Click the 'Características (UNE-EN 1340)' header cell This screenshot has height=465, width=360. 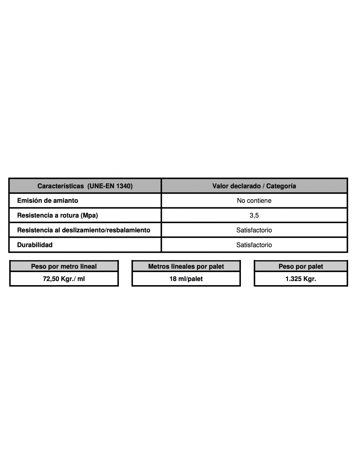coord(85,186)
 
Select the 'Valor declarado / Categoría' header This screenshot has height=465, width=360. coord(254,186)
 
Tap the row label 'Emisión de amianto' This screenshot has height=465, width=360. coord(47,200)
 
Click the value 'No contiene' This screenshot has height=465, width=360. coord(254,200)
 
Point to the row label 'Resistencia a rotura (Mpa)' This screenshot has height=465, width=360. coord(58,215)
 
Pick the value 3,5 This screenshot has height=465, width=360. coord(254,215)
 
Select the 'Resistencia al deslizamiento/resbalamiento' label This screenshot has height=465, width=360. coord(83,230)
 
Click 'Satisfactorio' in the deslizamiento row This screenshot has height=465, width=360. coord(254,230)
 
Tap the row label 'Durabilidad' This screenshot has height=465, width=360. coord(35,245)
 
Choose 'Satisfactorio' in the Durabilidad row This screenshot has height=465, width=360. coord(254,245)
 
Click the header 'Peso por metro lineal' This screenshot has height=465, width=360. coord(64,266)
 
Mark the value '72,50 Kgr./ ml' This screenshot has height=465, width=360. coord(64,279)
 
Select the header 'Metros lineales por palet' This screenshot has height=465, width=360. coord(186,266)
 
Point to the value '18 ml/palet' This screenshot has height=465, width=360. coord(186,279)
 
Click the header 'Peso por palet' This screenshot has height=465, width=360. coord(301,266)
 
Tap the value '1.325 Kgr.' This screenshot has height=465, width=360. coord(301,279)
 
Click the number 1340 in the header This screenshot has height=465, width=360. coord(124,186)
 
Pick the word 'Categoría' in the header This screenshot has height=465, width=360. coord(281,186)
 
